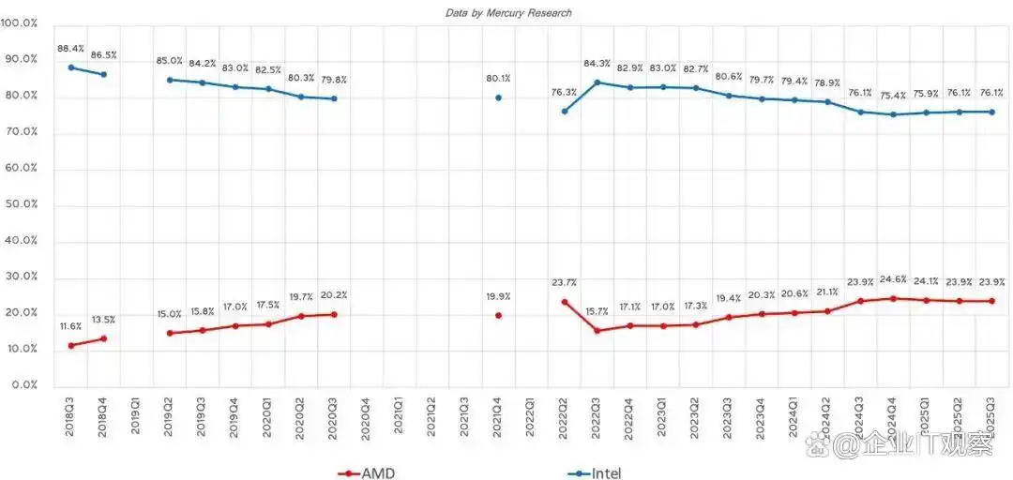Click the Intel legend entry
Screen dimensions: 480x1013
tap(595, 472)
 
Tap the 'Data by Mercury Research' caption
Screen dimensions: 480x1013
tap(507, 13)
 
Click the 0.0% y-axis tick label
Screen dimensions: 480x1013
tap(21, 385)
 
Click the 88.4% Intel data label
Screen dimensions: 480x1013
tap(70, 48)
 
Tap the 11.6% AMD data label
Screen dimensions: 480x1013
tap(69, 325)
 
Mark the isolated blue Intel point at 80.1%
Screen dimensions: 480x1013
tap(498, 97)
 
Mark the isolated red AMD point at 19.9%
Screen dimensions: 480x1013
tap(498, 315)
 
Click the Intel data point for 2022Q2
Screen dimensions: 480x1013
tap(565, 112)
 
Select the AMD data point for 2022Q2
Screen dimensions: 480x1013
tap(565, 302)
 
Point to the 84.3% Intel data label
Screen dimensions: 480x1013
tap(597, 64)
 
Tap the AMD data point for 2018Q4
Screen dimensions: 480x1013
tap(103, 338)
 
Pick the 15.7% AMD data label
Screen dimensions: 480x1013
tap(597, 311)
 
